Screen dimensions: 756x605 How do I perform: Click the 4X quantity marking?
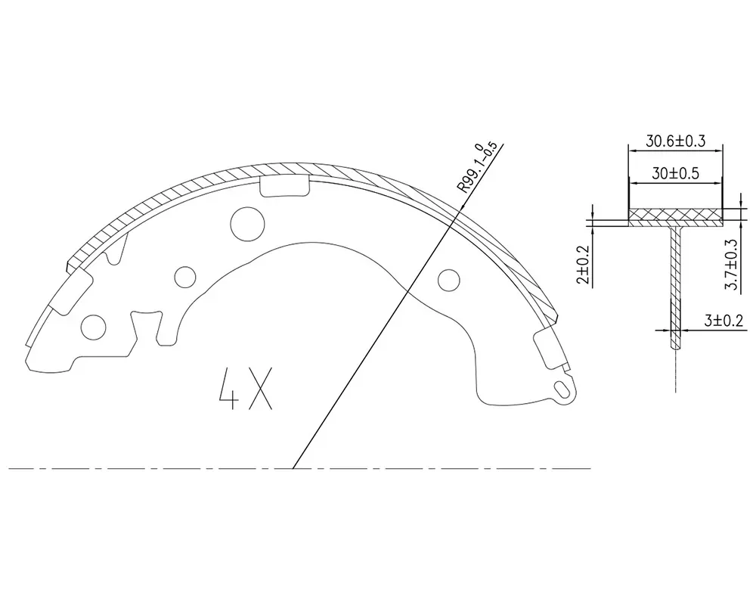click(246, 389)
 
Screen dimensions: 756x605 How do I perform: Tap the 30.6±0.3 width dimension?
click(675, 141)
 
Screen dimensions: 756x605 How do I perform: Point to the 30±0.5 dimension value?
click(675, 173)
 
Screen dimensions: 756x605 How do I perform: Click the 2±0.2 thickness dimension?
click(584, 265)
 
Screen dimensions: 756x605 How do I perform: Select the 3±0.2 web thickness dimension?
click(724, 321)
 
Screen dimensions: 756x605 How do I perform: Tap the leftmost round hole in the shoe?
click(94, 327)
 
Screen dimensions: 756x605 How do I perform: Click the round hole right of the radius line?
click(448, 280)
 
